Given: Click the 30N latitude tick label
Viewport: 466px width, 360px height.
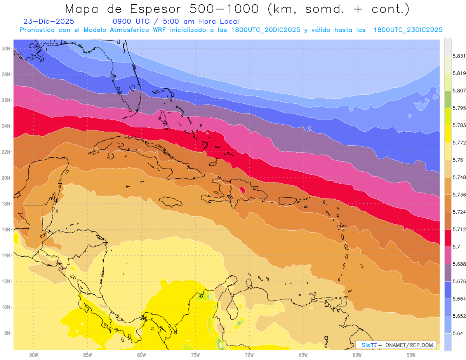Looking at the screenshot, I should coord(6,49).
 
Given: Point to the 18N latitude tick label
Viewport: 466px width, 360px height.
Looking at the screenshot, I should coord(6,203).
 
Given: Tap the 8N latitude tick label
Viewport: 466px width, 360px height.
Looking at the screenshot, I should coord(7,333).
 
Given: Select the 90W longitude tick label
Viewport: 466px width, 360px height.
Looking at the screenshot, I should coord(33,355).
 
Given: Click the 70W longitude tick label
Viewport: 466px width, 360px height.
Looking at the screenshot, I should coord(249,355).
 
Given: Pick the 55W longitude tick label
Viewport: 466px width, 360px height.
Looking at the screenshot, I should coord(411,355).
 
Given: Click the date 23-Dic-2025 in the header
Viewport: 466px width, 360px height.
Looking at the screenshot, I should coord(49,21).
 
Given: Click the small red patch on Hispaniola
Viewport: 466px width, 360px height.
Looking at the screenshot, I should coord(243,190).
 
